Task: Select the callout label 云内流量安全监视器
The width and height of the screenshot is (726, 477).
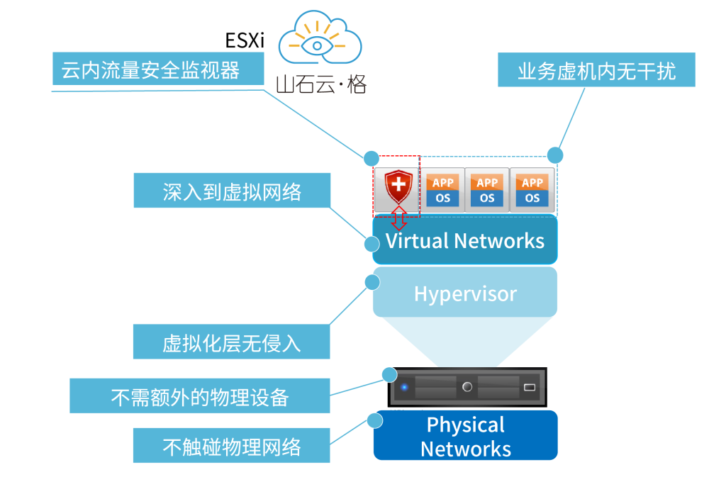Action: (151, 70)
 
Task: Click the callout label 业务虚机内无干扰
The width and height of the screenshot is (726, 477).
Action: (596, 70)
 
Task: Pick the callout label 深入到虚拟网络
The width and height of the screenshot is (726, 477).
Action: (232, 191)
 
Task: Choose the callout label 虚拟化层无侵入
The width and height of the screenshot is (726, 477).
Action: (231, 342)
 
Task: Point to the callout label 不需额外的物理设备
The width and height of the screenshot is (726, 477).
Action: (200, 395)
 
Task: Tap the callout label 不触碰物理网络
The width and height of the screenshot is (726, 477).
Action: (231, 446)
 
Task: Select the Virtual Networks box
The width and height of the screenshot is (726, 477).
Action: (465, 241)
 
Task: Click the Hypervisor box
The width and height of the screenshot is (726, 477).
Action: (465, 293)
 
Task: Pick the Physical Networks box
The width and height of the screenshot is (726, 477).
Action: (465, 436)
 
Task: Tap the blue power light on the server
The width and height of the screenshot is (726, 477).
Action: (404, 387)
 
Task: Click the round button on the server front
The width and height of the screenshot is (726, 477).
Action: (467, 387)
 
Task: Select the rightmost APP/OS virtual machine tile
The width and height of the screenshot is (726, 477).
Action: (532, 191)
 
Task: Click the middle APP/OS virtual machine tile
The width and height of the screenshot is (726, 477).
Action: (487, 191)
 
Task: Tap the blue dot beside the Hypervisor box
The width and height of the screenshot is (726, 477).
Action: (372, 282)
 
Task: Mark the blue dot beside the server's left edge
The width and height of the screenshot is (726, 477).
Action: (389, 374)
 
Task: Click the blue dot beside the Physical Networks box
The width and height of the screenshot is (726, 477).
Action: (374, 421)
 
